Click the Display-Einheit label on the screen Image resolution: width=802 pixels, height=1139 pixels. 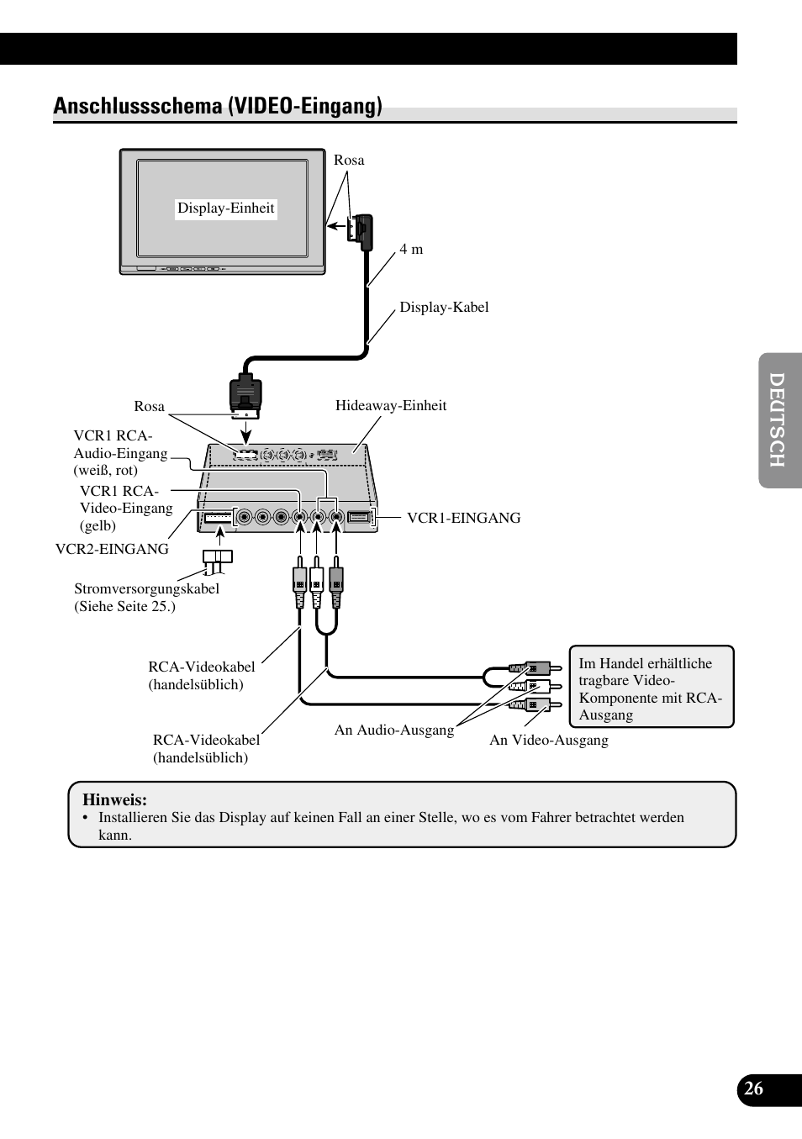(x=225, y=208)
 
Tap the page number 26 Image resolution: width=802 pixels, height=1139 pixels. (x=754, y=1089)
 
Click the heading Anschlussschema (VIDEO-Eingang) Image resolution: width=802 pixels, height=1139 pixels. (x=218, y=106)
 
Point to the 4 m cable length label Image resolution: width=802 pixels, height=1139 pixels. (x=411, y=250)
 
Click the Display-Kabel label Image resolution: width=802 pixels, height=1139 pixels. (x=444, y=308)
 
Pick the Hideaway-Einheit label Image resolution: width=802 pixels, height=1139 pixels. (x=391, y=406)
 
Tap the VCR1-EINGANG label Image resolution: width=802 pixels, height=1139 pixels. (x=463, y=519)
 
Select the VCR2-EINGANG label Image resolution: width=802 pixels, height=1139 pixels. (x=112, y=549)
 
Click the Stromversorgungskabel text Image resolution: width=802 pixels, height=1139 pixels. (x=146, y=589)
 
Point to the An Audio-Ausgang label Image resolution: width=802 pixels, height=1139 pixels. (x=393, y=730)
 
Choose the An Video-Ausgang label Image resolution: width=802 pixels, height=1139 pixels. (x=549, y=741)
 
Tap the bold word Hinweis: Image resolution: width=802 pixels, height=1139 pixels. (x=114, y=800)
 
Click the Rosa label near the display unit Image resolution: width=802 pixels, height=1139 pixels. (x=349, y=161)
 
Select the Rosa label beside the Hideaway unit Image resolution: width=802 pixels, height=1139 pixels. (x=149, y=407)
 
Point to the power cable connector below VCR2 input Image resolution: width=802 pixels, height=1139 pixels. (x=217, y=556)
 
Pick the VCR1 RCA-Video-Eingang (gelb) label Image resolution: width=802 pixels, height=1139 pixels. (x=126, y=509)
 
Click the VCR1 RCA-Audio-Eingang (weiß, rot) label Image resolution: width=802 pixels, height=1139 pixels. (x=120, y=453)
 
